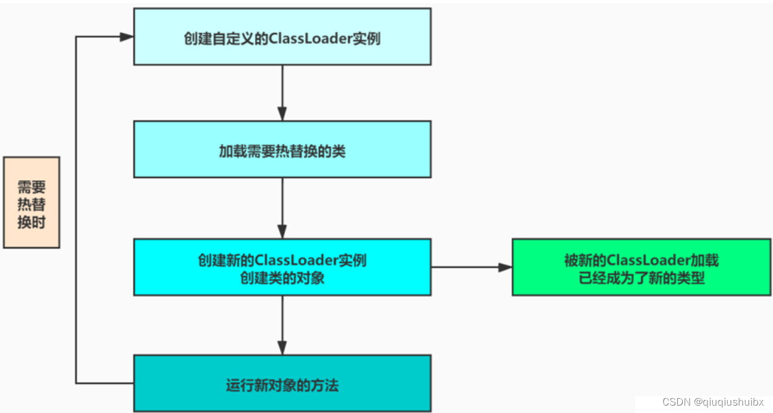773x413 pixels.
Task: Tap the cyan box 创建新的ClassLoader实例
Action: coord(282,267)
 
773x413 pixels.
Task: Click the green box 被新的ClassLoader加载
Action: coord(641,267)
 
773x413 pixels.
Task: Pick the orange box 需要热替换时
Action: coord(32,202)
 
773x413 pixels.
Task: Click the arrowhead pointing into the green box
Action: coord(505,267)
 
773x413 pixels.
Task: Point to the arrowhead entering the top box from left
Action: coord(127,37)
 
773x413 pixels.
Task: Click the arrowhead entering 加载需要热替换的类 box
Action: coord(282,114)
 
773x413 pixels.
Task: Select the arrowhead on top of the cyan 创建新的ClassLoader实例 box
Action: coord(282,232)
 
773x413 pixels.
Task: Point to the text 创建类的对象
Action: coord(282,278)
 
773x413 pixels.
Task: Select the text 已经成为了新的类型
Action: coord(641,278)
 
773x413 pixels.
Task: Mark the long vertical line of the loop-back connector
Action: coord(76,210)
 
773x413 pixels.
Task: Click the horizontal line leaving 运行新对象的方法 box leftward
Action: coord(105,383)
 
